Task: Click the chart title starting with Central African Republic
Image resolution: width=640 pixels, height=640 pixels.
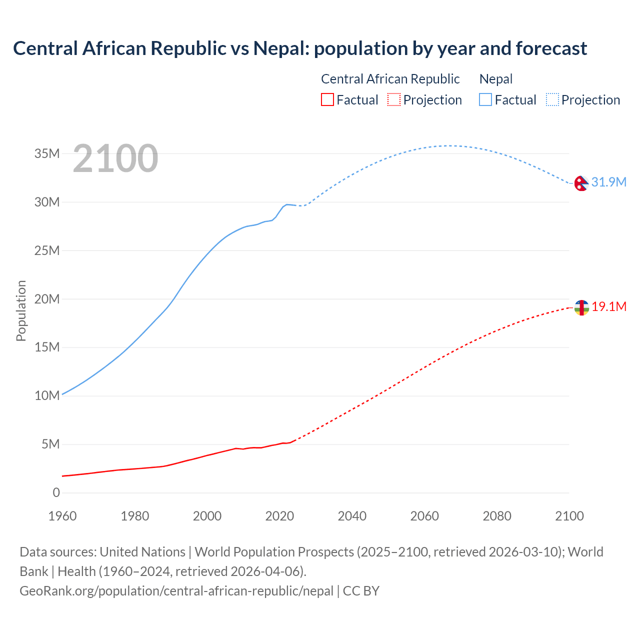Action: point(300,48)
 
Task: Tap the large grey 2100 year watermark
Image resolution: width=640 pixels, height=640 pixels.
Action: point(115,158)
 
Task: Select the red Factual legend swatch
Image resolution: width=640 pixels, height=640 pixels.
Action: point(327,99)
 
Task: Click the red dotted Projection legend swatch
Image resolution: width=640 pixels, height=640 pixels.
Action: point(394,99)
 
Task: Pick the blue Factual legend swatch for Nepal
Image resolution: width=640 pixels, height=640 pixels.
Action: point(485,99)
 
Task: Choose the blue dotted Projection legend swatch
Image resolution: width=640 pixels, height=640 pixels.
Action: point(552,99)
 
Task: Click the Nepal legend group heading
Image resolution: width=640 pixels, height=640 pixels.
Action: point(495,79)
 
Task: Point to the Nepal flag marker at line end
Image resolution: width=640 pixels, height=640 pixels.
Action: point(581,183)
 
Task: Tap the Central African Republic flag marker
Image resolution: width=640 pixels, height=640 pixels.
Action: point(581,307)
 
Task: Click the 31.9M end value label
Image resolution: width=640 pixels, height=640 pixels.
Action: point(608,182)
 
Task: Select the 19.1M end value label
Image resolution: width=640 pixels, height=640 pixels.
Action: point(609,306)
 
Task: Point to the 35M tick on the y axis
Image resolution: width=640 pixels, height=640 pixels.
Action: point(47,153)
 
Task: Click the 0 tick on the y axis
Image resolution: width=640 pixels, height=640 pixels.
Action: point(56,492)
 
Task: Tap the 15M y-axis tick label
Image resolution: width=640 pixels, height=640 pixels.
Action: point(47,347)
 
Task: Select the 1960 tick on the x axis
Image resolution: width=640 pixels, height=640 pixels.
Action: point(62,516)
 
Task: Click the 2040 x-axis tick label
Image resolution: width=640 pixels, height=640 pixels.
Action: point(352,516)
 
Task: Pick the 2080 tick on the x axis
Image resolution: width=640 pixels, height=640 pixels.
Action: point(497,516)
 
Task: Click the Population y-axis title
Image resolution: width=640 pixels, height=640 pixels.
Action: point(21,310)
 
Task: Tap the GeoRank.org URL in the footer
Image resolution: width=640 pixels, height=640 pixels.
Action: point(176,591)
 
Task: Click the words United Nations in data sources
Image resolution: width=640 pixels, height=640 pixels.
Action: point(142,552)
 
